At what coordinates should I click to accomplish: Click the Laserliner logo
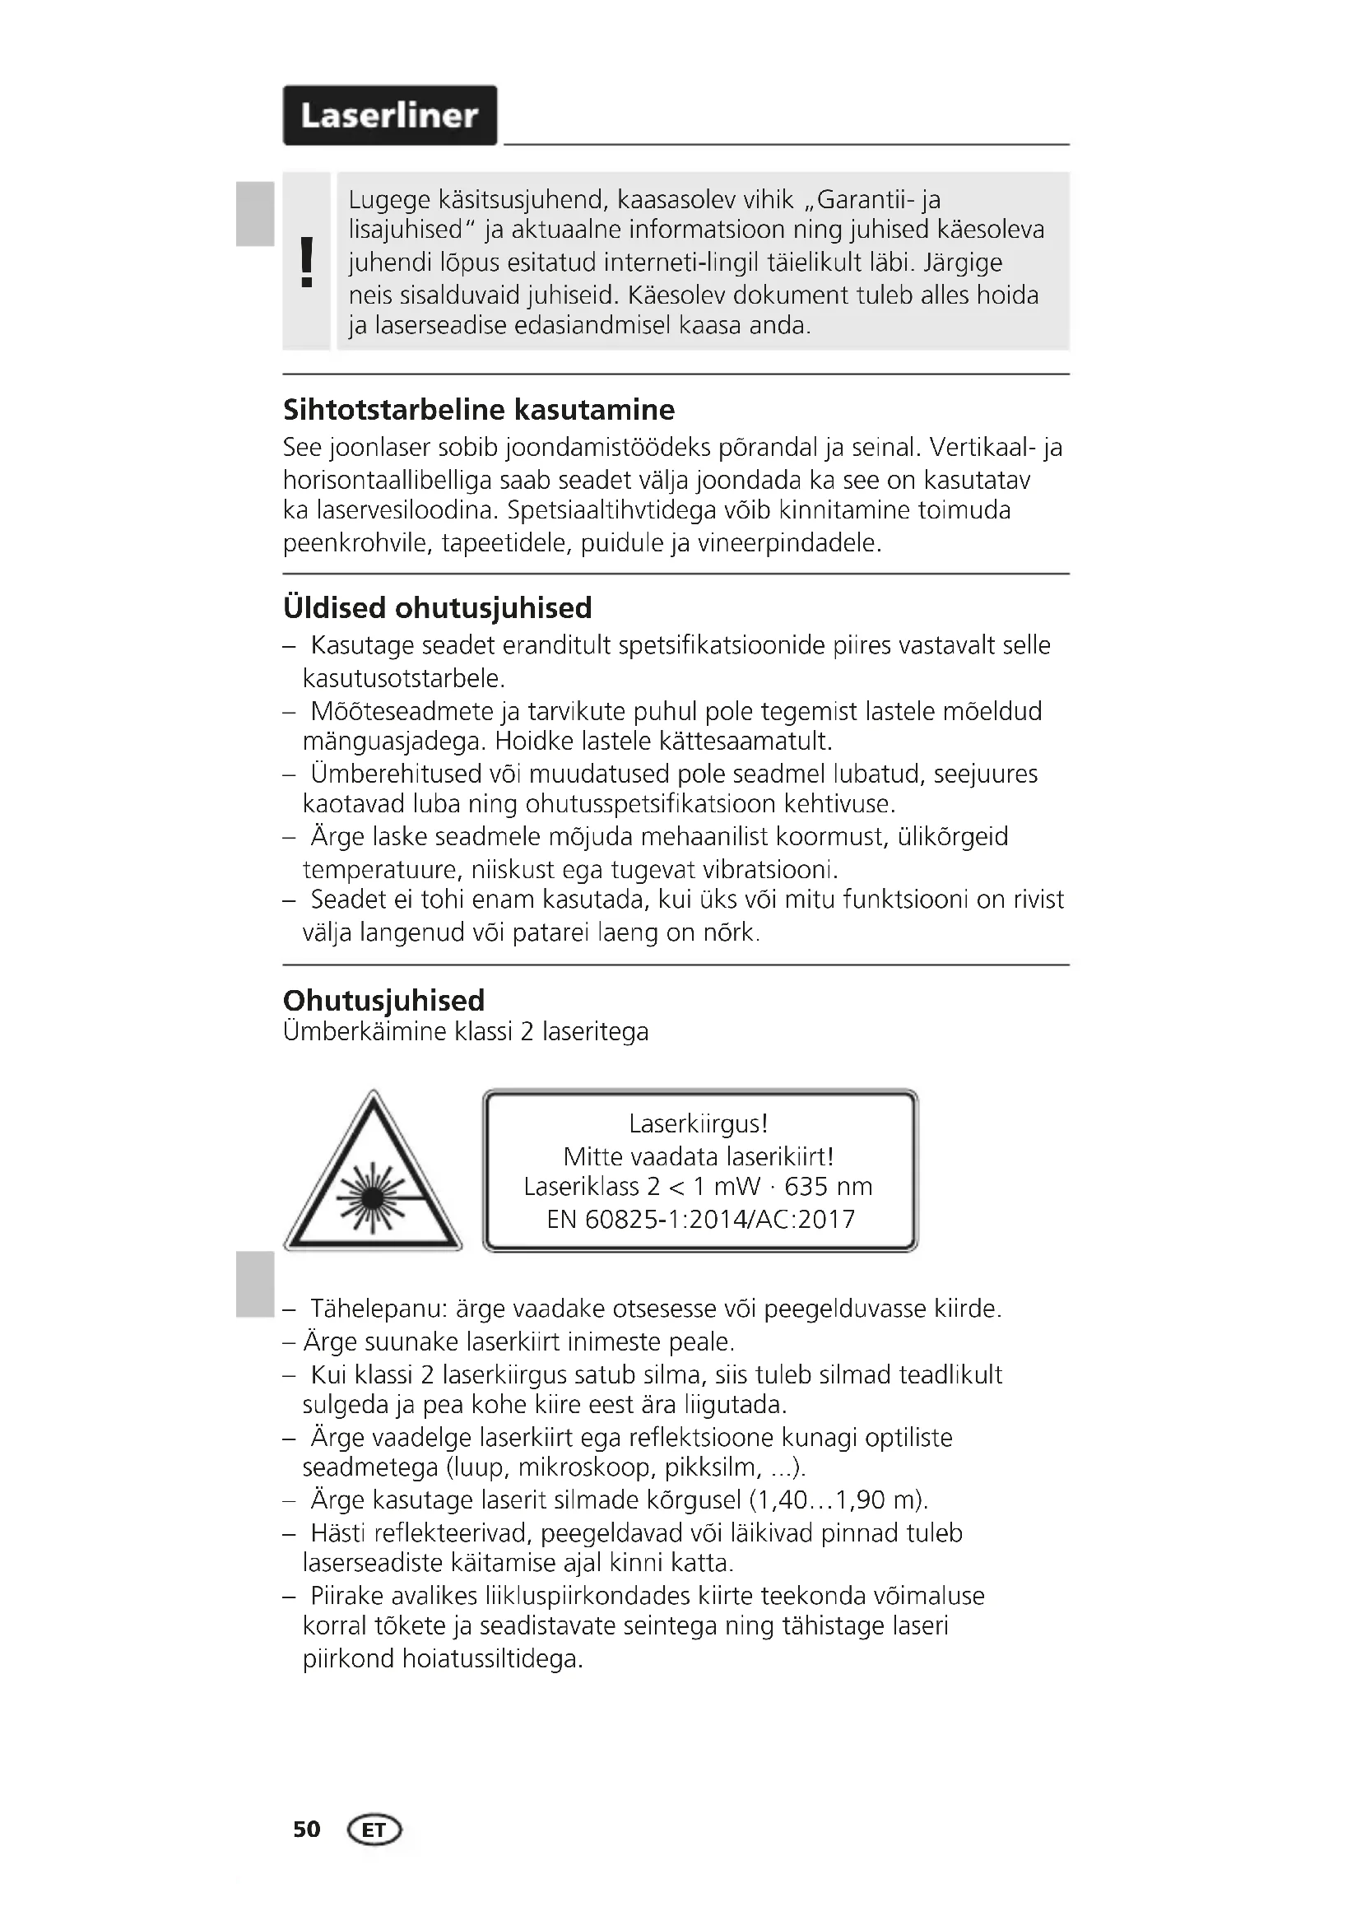tap(390, 116)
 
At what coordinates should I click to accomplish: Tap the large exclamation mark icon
tap(307, 263)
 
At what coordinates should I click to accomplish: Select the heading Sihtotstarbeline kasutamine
tap(479, 410)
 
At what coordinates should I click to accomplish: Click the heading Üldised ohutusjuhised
tap(438, 608)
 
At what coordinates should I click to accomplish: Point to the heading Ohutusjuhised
tap(383, 1000)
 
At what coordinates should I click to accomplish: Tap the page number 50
tap(307, 1830)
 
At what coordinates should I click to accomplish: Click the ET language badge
tap(374, 1830)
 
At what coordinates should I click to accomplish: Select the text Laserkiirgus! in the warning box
tap(699, 1123)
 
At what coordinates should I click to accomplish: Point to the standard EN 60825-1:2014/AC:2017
tap(700, 1219)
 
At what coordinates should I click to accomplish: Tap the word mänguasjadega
tap(393, 742)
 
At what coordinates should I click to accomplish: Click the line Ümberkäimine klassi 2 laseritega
tap(466, 1031)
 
